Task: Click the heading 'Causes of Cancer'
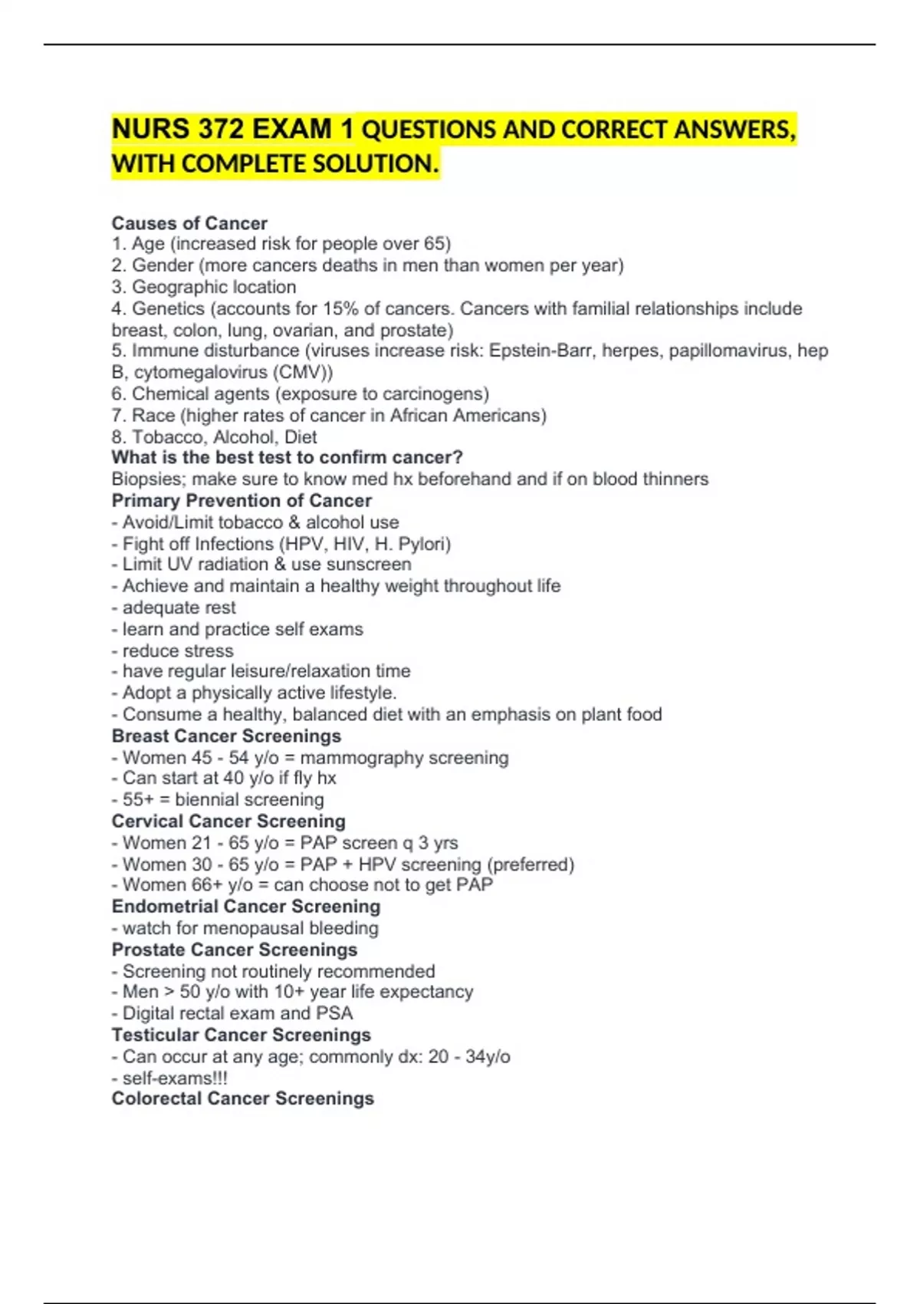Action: tap(189, 223)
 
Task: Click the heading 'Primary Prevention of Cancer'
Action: tap(242, 501)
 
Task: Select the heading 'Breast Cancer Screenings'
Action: tap(226, 736)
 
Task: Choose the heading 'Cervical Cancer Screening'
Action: tap(228, 822)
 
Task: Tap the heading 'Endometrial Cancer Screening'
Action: tap(246, 907)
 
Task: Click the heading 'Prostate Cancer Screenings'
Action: tap(235, 950)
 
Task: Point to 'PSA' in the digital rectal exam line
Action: tap(334, 1013)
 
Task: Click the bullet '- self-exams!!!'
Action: tap(169, 1078)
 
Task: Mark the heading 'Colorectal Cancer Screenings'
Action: tap(243, 1098)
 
